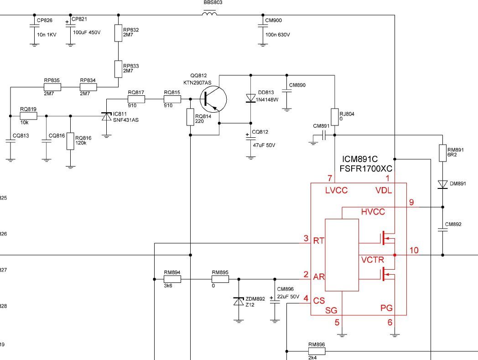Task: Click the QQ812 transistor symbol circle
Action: (213, 99)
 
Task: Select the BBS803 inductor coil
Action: (210, 13)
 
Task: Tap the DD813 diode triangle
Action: (251, 98)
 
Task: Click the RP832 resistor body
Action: (118, 33)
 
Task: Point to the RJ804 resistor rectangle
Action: (335, 117)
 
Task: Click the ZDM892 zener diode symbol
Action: (239, 301)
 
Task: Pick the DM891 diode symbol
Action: (442, 184)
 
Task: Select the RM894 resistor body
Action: (172, 279)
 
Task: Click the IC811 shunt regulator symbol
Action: (106, 116)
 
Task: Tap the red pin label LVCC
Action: (336, 190)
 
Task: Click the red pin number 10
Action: (414, 250)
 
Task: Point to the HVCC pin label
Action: (373, 212)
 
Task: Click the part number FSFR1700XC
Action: (366, 169)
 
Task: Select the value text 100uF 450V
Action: (87, 32)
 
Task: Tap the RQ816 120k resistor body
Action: (70, 141)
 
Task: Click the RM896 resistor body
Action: (317, 351)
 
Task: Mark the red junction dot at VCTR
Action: (395, 255)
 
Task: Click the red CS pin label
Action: (319, 301)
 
